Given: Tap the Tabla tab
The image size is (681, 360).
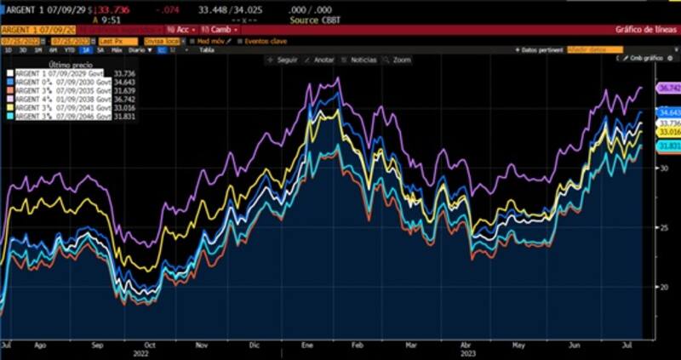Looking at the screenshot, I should coord(206,50).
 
